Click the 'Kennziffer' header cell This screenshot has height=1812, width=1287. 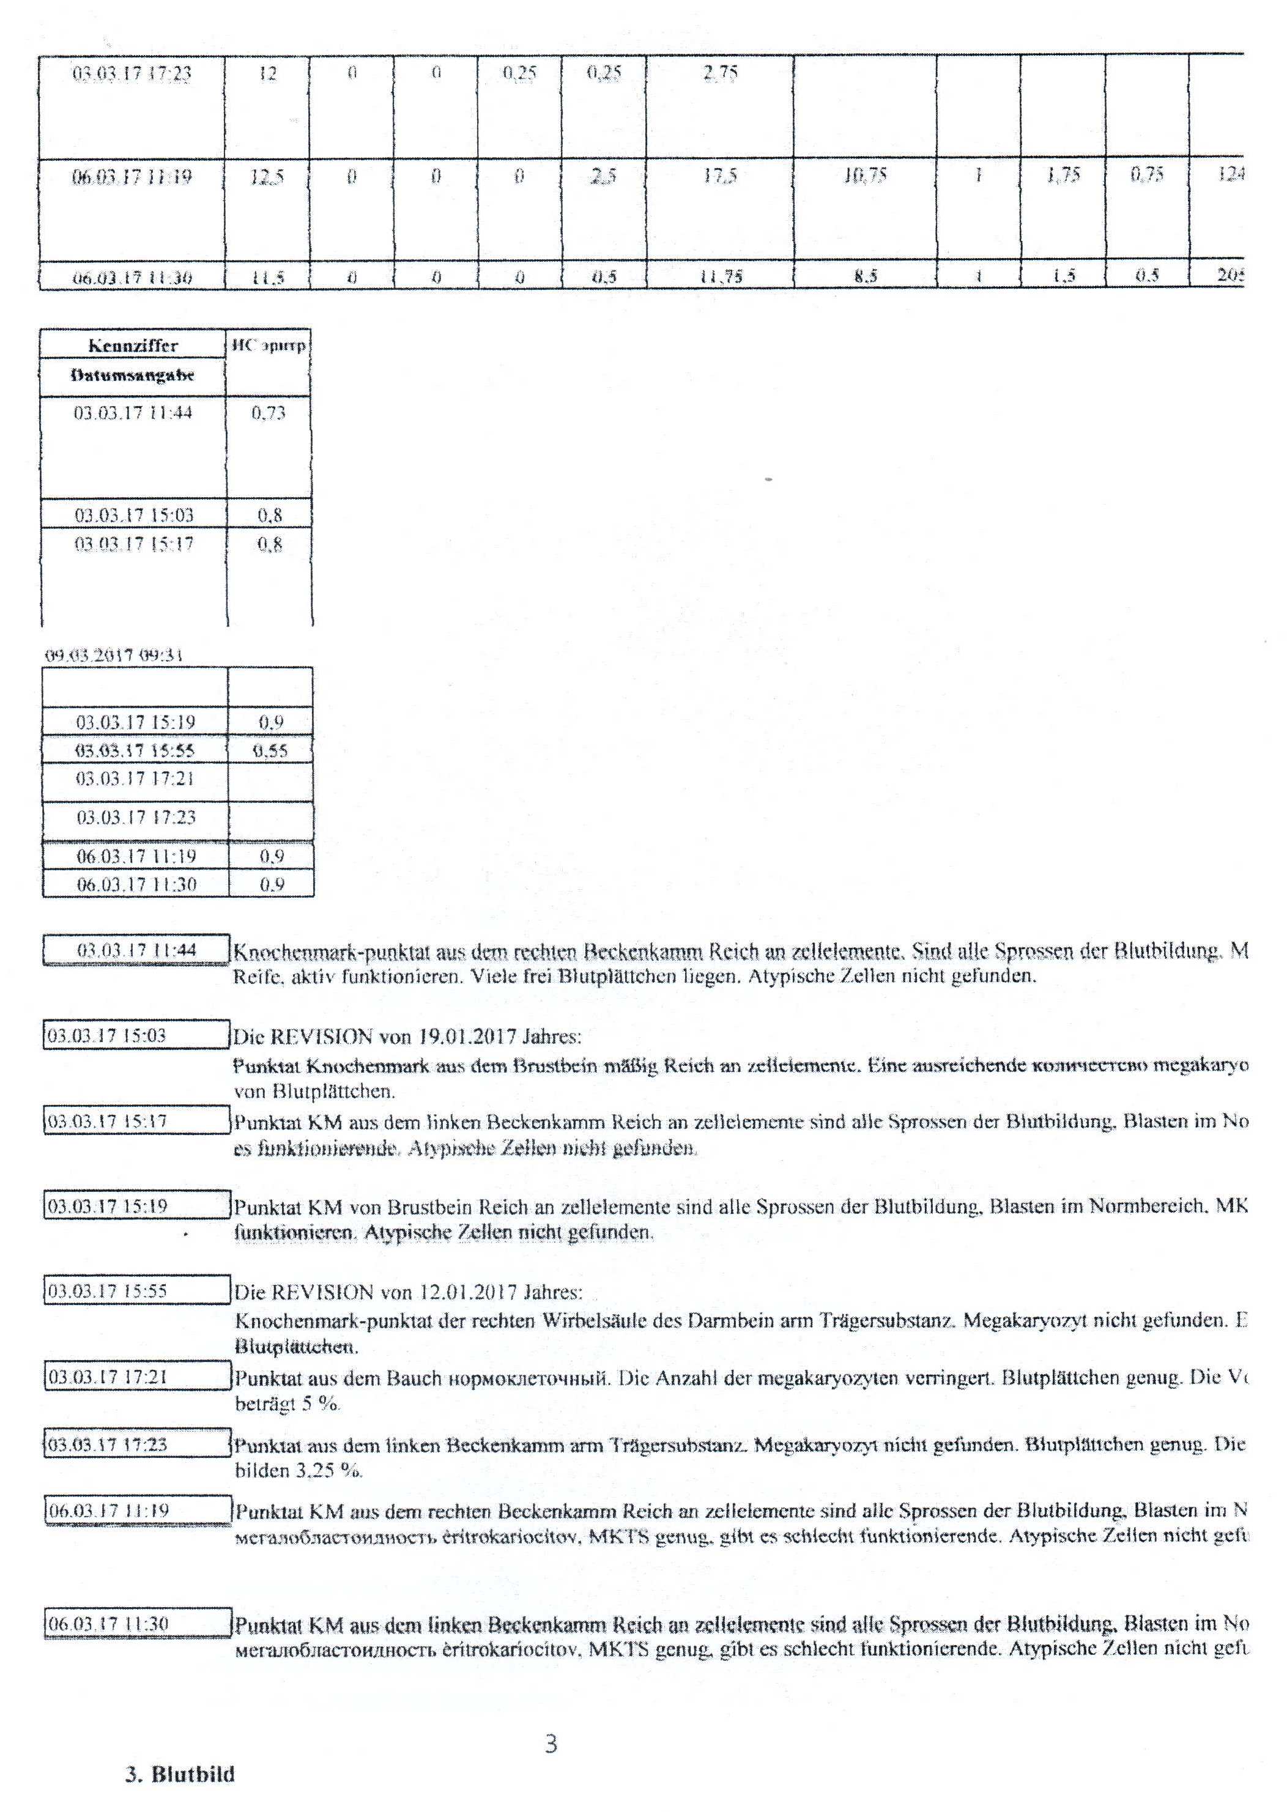pos(133,346)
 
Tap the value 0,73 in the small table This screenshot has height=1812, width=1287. pos(269,413)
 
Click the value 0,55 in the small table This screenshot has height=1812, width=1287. pos(269,750)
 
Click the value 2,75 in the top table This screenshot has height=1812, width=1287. pos(719,73)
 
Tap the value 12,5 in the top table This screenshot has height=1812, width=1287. pos(267,177)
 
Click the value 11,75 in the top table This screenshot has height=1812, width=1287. pos(719,277)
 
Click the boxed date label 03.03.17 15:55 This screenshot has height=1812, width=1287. pos(108,1292)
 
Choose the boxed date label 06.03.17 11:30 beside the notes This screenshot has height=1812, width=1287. pos(108,1624)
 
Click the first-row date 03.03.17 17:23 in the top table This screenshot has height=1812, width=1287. pos(132,73)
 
